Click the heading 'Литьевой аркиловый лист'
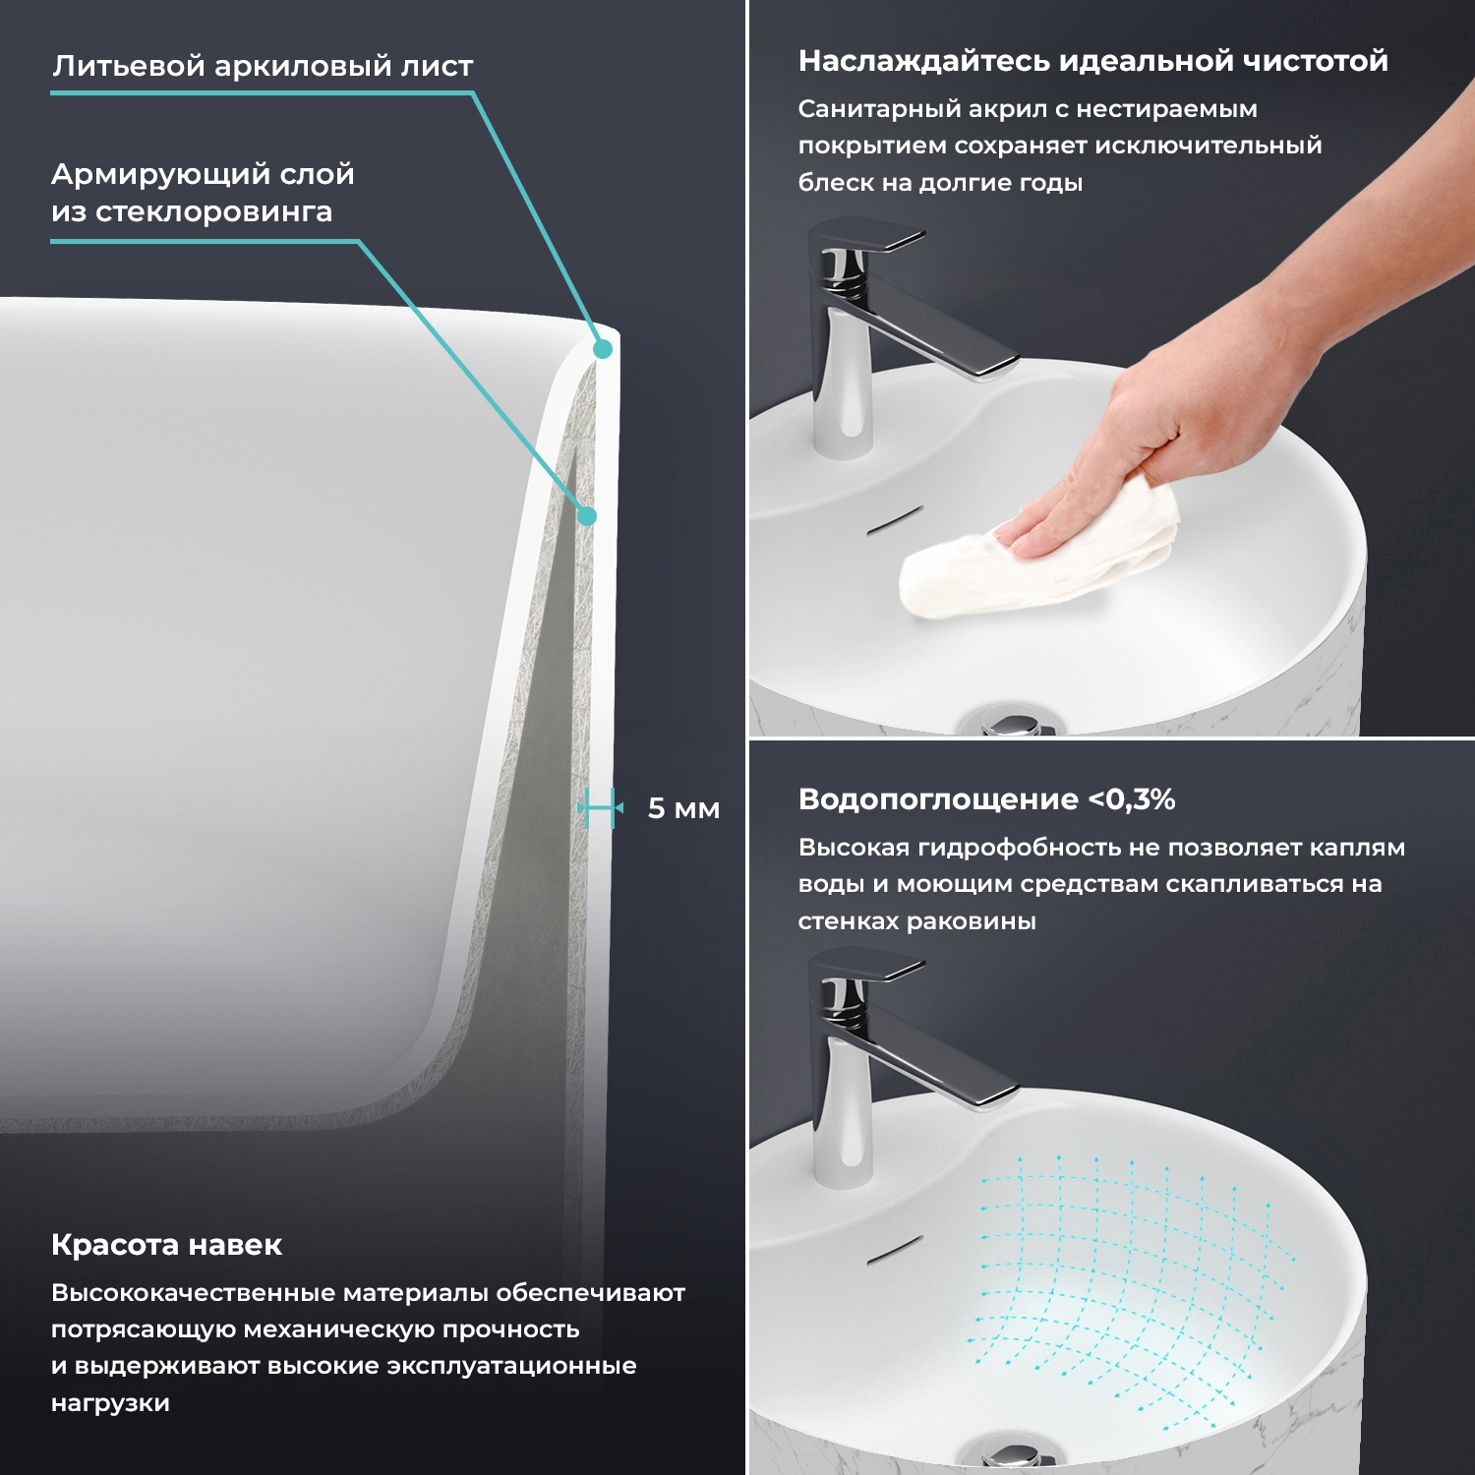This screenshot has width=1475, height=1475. (263, 66)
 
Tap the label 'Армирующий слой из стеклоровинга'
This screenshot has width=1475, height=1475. (203, 192)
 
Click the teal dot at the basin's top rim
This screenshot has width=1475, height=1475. (604, 348)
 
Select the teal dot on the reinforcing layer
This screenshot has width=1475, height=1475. (587, 515)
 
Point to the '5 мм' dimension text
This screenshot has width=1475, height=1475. (683, 808)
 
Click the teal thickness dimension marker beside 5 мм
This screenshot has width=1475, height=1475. (600, 808)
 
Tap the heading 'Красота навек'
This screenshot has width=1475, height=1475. (166, 1245)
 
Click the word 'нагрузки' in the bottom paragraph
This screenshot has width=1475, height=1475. (110, 1403)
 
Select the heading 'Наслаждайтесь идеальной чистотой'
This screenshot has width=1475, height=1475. (1092, 61)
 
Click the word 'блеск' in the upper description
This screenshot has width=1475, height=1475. (828, 182)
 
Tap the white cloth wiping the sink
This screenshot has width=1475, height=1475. (1038, 550)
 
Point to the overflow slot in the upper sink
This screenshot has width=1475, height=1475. (894, 520)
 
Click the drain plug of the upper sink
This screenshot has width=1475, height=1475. (1013, 723)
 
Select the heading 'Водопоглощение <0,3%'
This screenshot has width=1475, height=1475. (986, 799)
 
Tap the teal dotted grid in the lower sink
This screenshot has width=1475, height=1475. (1131, 1288)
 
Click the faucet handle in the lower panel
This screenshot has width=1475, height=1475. (865, 969)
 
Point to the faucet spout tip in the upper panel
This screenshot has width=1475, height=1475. (993, 367)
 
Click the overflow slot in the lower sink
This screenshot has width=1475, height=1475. (894, 1249)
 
